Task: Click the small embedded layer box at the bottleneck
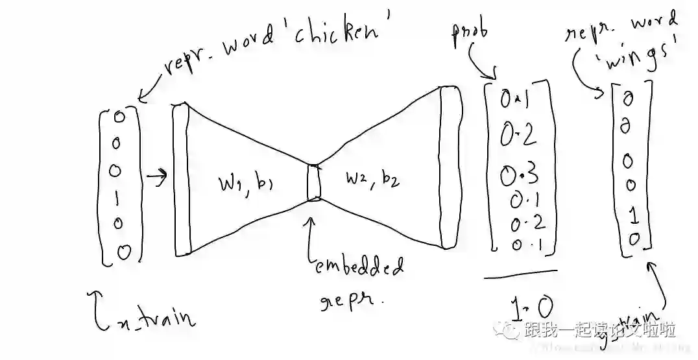[314, 183]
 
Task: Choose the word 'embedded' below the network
[359, 267]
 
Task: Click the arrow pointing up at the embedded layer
[313, 234]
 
